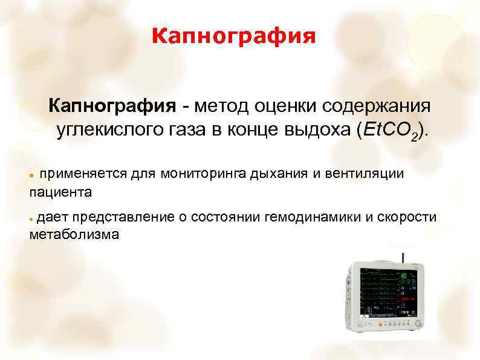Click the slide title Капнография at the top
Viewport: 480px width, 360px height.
(x=233, y=38)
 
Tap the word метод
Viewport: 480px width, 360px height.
(x=219, y=106)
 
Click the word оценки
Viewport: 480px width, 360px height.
(x=280, y=106)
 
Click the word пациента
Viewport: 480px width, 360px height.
(x=60, y=192)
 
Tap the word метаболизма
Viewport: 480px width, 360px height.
(x=74, y=235)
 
